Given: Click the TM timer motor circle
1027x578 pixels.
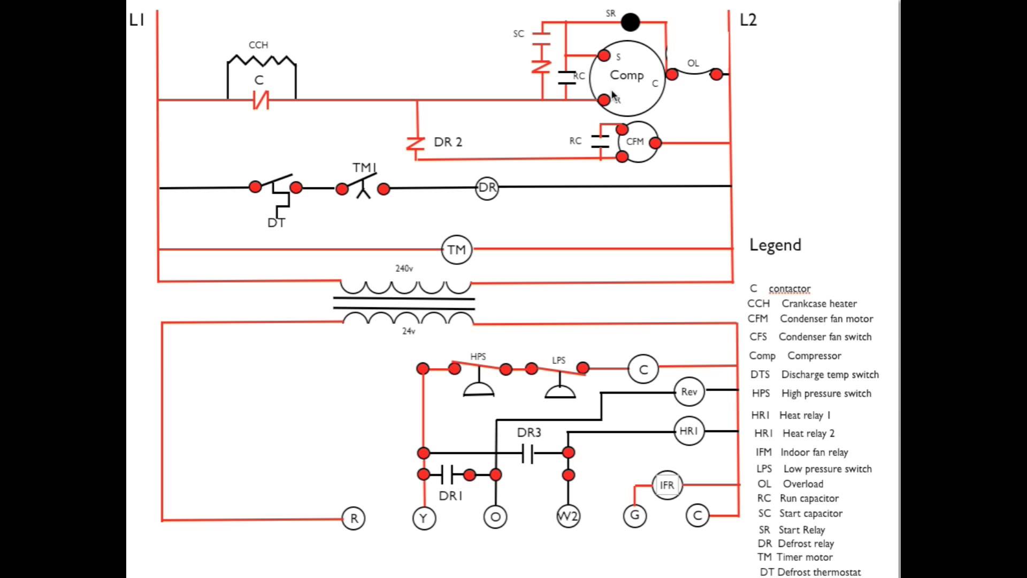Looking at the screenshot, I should point(456,249).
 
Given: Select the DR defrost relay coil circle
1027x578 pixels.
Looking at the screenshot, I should point(487,188).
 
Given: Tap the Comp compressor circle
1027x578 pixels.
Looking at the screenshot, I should point(627,78).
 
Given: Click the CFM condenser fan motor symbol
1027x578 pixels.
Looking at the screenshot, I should point(637,142).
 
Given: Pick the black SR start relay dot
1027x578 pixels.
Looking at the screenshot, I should point(630,22).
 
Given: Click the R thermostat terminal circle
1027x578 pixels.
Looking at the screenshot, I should point(354,518).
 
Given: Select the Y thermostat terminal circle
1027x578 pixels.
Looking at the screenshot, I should point(424,518).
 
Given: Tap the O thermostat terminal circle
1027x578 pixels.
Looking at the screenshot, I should point(495,517).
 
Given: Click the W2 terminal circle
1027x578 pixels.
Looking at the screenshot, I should point(568,516).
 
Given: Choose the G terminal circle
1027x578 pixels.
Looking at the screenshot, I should point(635,515).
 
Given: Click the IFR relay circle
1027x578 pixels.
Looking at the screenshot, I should point(667,485).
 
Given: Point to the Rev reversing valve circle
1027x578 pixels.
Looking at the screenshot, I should point(689,392).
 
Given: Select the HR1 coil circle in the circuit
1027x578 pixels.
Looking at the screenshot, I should point(688,431).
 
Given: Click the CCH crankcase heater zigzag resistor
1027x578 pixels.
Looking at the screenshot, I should point(262,60).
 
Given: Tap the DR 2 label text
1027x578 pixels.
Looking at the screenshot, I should point(448,142).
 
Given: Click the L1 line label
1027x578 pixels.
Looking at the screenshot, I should point(137,20).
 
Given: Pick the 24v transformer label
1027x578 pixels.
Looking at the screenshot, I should point(409,331).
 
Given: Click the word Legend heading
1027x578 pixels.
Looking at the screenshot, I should point(775,245).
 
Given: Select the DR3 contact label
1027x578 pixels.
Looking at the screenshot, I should point(529,432).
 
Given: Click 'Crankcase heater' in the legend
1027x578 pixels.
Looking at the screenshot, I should point(819,303).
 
